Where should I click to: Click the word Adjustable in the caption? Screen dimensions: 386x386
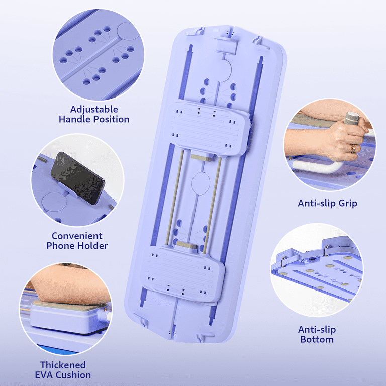click(94, 109)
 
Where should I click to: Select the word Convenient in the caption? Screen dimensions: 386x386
click(77, 236)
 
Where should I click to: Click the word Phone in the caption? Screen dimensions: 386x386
click(59, 246)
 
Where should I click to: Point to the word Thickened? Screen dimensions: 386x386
click(63, 365)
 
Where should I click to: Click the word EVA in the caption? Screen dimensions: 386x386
click(44, 375)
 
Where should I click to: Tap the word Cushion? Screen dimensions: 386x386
click(73, 375)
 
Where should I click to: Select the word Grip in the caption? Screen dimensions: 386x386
click(348, 204)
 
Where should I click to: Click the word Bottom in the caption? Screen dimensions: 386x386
click(317, 339)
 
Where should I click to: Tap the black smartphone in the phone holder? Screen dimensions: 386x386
click(77, 178)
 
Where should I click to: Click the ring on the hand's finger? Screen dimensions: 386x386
click(353, 148)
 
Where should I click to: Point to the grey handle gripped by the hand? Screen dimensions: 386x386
click(352, 118)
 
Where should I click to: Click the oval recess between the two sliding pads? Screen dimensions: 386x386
click(201, 183)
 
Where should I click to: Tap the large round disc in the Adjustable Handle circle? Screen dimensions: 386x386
click(128, 31)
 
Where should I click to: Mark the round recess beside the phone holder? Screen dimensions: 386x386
click(54, 202)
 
